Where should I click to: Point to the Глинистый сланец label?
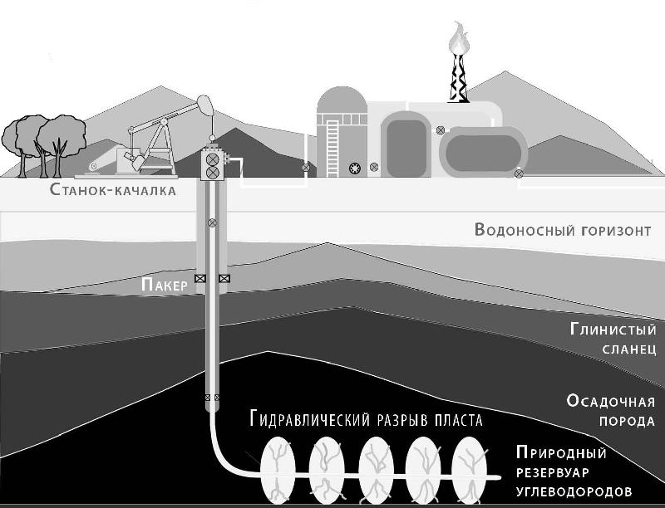tap(613, 338)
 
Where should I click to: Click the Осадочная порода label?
tap(611, 411)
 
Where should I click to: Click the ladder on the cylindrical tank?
tap(333, 145)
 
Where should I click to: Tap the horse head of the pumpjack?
tap(204, 105)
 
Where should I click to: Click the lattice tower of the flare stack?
tap(456, 79)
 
